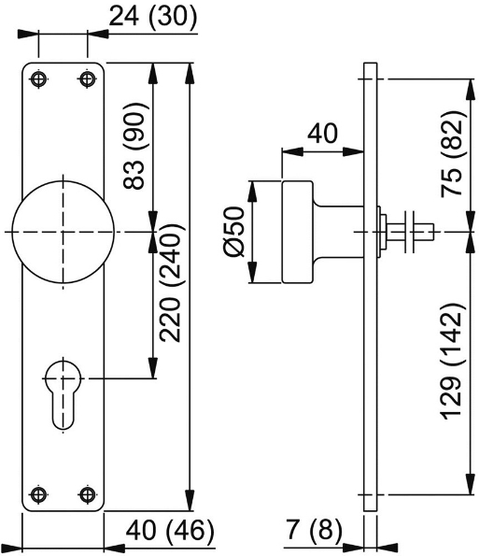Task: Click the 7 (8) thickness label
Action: click(313, 532)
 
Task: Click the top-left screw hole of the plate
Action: click(38, 79)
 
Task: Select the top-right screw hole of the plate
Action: click(88, 79)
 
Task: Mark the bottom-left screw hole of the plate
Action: click(38, 493)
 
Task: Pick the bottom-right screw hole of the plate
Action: click(88, 493)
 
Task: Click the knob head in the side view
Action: click(297, 232)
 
